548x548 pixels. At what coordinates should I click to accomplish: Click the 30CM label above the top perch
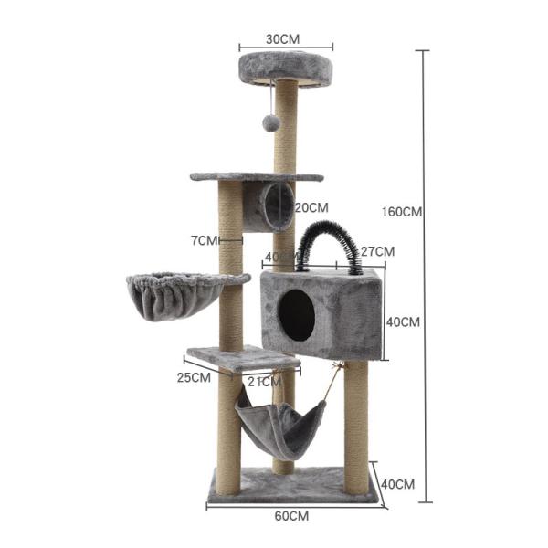(x=286, y=39)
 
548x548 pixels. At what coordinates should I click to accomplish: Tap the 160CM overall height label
(x=401, y=212)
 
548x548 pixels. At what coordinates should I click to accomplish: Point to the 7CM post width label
(x=205, y=240)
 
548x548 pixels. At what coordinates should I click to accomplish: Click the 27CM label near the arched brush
(x=376, y=251)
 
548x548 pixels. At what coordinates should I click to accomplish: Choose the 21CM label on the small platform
(x=264, y=383)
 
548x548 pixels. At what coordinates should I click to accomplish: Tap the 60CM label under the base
(x=291, y=516)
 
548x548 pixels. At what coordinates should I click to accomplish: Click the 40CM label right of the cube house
(x=403, y=321)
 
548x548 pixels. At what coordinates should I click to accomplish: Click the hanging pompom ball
(x=270, y=121)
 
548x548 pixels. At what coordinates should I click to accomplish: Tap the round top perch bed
(x=286, y=67)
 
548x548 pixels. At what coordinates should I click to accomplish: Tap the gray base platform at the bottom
(x=292, y=485)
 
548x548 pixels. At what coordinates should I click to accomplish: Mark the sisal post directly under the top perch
(x=287, y=128)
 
